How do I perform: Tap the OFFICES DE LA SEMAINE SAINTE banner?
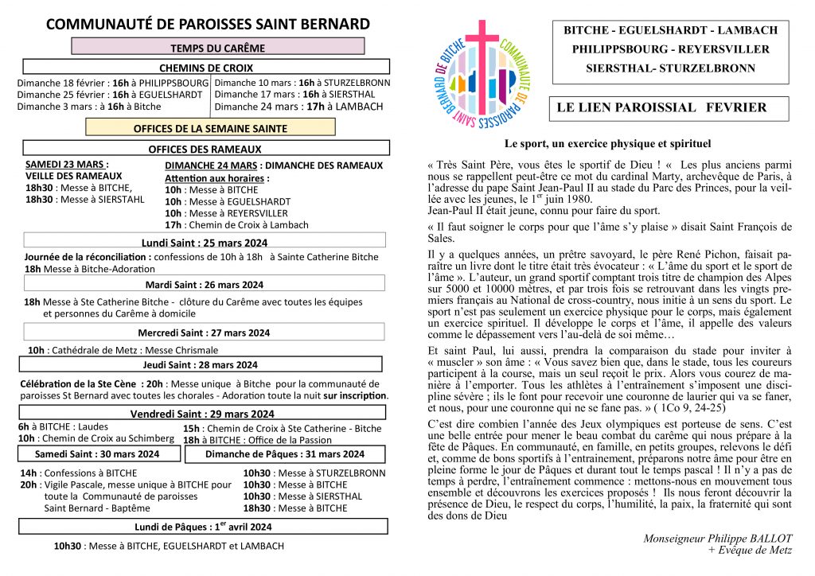(210, 127)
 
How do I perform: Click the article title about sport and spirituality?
(607, 144)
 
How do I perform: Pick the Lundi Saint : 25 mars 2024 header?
(205, 242)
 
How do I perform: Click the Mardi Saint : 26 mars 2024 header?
(205, 284)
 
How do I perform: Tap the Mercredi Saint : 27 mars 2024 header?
(205, 332)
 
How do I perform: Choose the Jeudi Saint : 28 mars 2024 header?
(205, 364)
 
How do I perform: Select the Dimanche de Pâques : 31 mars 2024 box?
(285, 454)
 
